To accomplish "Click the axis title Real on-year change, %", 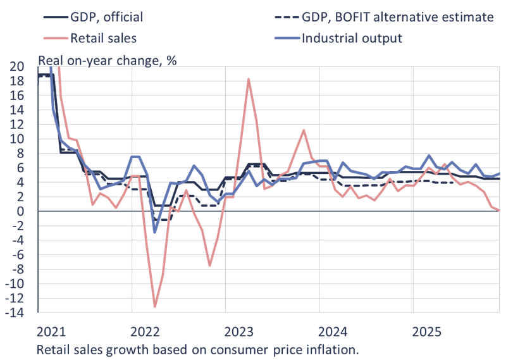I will pos(108,61).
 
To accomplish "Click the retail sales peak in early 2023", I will pos(249,78).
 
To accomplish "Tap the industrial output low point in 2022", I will pos(155,232).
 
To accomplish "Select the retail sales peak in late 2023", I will pos(304,130).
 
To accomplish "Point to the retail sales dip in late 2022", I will pos(209,266).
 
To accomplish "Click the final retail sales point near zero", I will pos(498,210).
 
